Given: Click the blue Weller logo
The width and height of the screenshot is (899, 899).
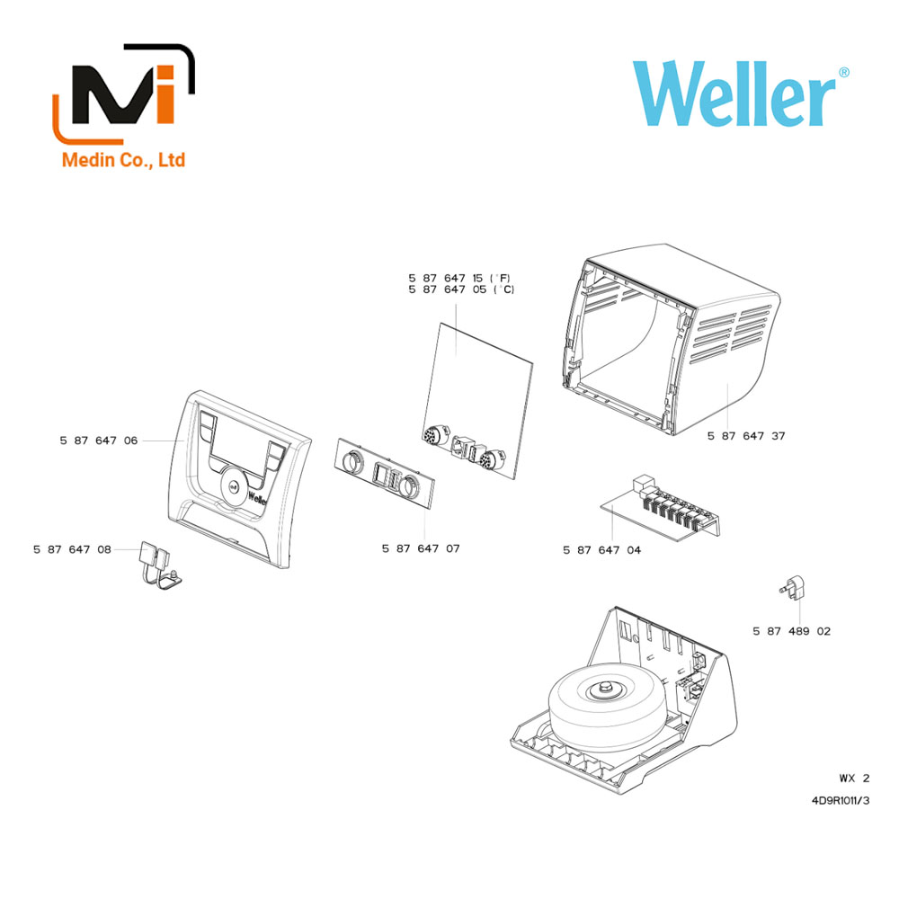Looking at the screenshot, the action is pos(740,93).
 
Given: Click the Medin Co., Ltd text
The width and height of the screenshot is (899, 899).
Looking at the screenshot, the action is pos(123,159).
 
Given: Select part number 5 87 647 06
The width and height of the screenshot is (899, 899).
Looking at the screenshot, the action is pos(99,441).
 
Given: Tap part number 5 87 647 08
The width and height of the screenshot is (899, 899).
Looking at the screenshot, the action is pos(72,549).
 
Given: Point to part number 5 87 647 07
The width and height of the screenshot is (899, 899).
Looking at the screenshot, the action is pos(421,548).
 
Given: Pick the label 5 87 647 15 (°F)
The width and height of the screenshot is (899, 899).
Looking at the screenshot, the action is pos(459,278).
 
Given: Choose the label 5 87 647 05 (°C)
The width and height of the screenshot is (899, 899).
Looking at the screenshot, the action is pos(461,289).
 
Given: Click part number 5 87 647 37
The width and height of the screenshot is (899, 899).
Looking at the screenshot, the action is pos(746,436).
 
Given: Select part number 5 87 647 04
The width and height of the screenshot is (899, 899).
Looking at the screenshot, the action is pos(602,550).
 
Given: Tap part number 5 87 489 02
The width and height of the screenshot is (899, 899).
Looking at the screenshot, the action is pos(792,631).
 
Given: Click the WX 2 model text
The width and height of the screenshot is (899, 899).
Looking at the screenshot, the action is pos(854,778).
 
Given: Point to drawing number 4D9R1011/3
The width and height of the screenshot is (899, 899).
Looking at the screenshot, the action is pos(841,800).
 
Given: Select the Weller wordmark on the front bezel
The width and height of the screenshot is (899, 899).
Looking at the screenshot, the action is pos(257,497).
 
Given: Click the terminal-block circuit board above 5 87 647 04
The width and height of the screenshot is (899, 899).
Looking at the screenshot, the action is pos(659,508).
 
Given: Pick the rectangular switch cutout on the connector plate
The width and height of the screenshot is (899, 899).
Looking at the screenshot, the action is pos(380,473).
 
